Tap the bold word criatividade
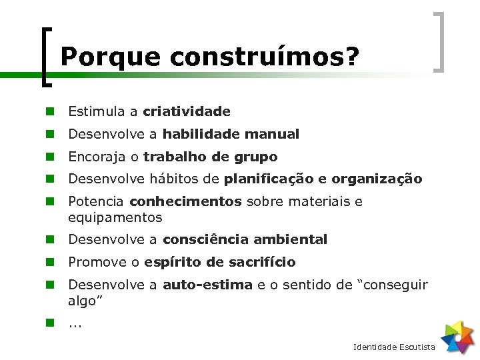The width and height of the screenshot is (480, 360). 187,111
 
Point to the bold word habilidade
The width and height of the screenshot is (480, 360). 201,134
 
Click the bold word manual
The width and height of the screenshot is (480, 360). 272,134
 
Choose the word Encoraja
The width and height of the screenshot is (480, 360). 93,157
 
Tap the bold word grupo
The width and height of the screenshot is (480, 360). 256,157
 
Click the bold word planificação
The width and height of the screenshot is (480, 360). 270,179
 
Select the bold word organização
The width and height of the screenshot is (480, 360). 377,179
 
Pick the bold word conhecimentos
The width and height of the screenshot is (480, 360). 185,201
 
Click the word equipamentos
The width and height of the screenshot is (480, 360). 115,217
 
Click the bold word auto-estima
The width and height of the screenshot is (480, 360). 207,285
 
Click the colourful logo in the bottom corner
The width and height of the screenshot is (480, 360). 457,337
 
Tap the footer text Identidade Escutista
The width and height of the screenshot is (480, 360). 394,347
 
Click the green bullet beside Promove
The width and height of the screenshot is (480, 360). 49,262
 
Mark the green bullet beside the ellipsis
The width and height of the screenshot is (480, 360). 49,323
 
